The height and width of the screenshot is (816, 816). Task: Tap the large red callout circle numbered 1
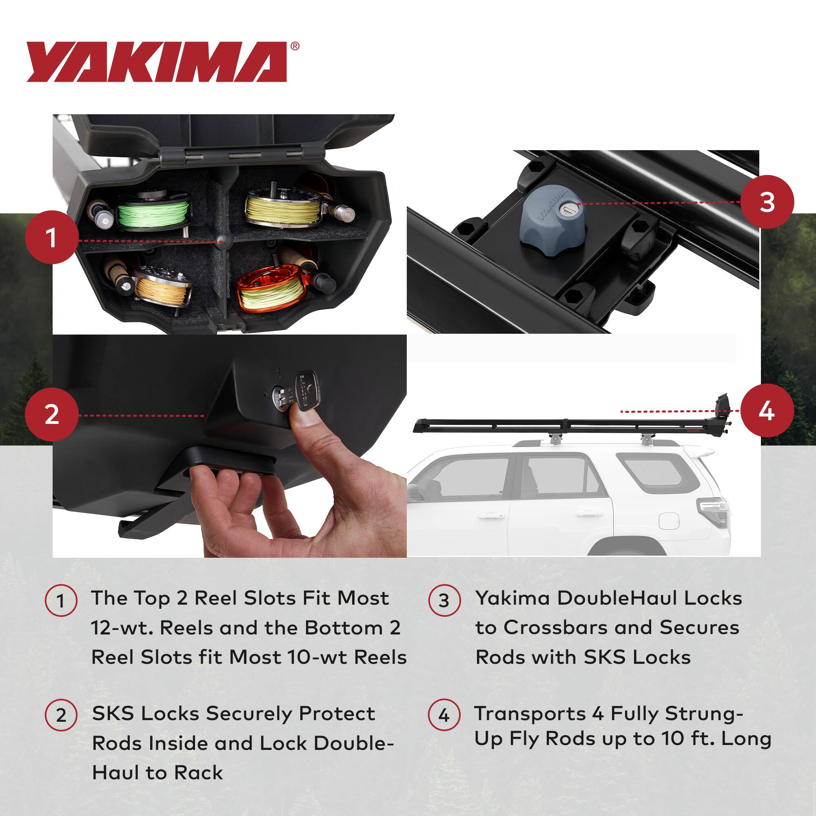click(51, 237)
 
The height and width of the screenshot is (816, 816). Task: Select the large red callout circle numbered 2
click(51, 415)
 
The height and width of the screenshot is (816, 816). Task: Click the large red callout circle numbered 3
click(767, 202)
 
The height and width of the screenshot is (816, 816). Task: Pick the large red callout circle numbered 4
click(767, 410)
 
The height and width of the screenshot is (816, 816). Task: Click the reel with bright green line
click(153, 212)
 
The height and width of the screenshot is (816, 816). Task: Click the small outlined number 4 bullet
click(443, 716)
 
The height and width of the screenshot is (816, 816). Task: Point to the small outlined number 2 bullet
click(61, 716)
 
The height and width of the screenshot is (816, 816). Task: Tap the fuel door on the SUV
click(669, 521)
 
